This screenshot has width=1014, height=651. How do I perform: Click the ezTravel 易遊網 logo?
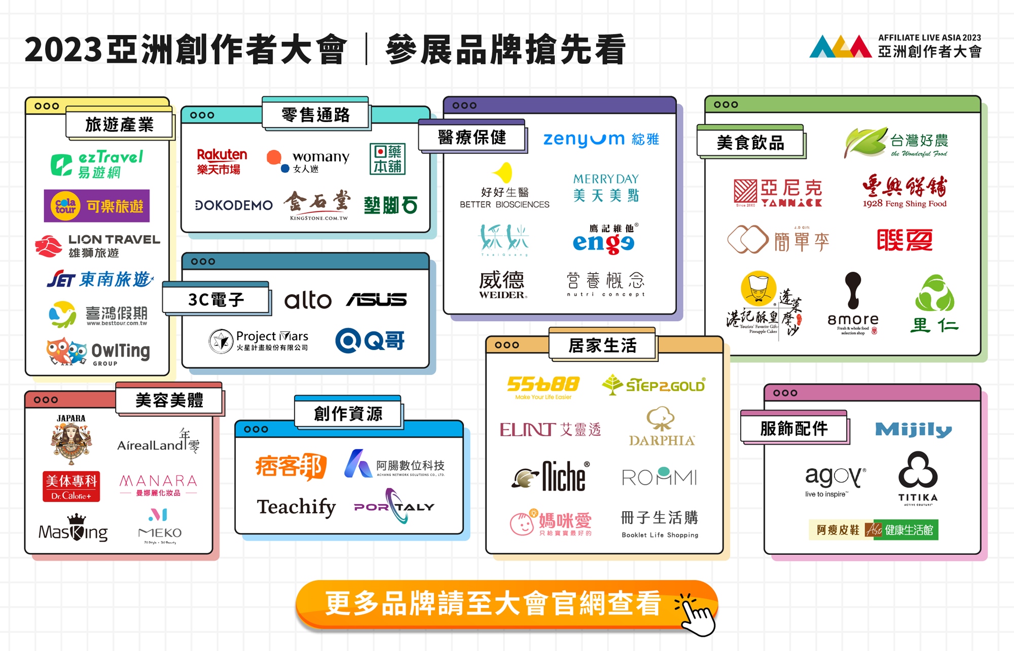97,164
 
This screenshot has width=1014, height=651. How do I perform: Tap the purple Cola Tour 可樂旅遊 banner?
97,206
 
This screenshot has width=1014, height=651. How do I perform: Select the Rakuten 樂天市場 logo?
222,162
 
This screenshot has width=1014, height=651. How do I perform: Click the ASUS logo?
376,300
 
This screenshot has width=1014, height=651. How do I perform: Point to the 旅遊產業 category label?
119,124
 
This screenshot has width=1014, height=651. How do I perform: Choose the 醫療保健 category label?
472,137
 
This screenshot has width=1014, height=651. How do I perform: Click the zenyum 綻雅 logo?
601,139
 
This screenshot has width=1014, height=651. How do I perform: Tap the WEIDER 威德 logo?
502,284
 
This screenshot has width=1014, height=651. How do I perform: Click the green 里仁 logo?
934,303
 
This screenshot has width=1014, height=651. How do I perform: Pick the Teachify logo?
297,507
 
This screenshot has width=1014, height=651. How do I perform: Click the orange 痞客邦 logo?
291,466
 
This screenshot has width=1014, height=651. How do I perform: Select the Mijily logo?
913,430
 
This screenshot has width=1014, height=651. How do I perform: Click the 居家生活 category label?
602,346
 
